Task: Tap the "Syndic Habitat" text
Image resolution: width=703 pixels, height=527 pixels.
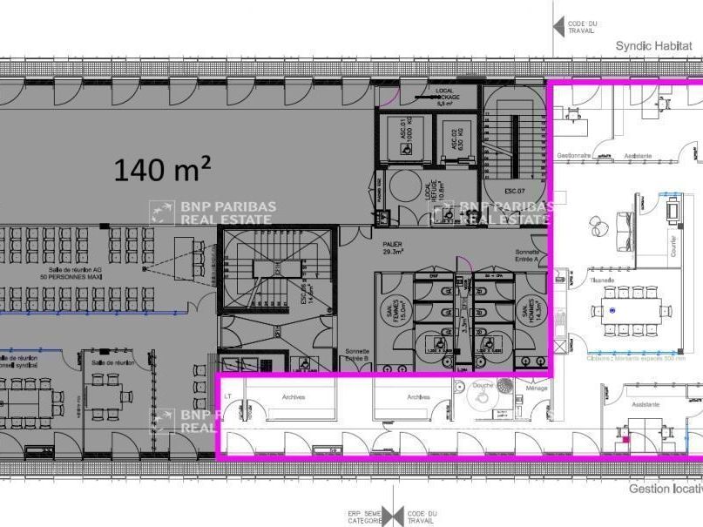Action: tap(658, 45)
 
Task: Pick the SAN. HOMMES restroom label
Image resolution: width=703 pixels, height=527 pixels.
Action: tap(526, 310)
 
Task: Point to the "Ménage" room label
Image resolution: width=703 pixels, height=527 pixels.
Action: tap(537, 388)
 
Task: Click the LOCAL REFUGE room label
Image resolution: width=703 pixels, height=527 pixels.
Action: tap(429, 188)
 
